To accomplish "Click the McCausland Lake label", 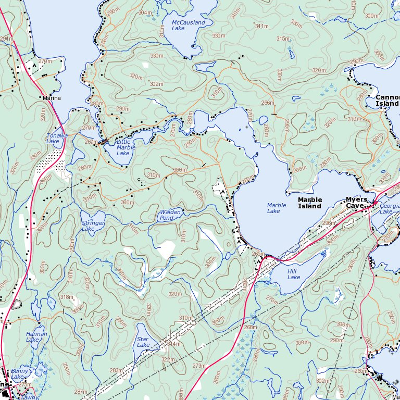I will pos(188,25).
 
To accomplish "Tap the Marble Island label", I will pos(310,203).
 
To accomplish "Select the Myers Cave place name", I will pos(357,203).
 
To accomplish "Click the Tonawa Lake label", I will pos(57,139).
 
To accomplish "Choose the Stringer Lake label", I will pos(93,226).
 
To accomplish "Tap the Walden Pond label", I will pos(170,215).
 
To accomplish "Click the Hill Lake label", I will pos(294,274).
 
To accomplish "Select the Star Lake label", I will pos(143,342).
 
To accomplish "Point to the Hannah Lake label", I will pos(36,336).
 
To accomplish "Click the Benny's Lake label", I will pos(22,373).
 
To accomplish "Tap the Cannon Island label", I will pos(387,101).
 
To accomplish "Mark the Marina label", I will pos(52,98).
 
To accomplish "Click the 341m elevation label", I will pos(261,26).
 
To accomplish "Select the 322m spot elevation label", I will pos(168,360).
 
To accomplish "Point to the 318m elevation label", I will pos(66,297).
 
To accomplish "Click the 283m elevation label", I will pos(116,371).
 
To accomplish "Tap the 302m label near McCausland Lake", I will pos(156,84).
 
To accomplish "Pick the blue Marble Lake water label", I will pos(277,208).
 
